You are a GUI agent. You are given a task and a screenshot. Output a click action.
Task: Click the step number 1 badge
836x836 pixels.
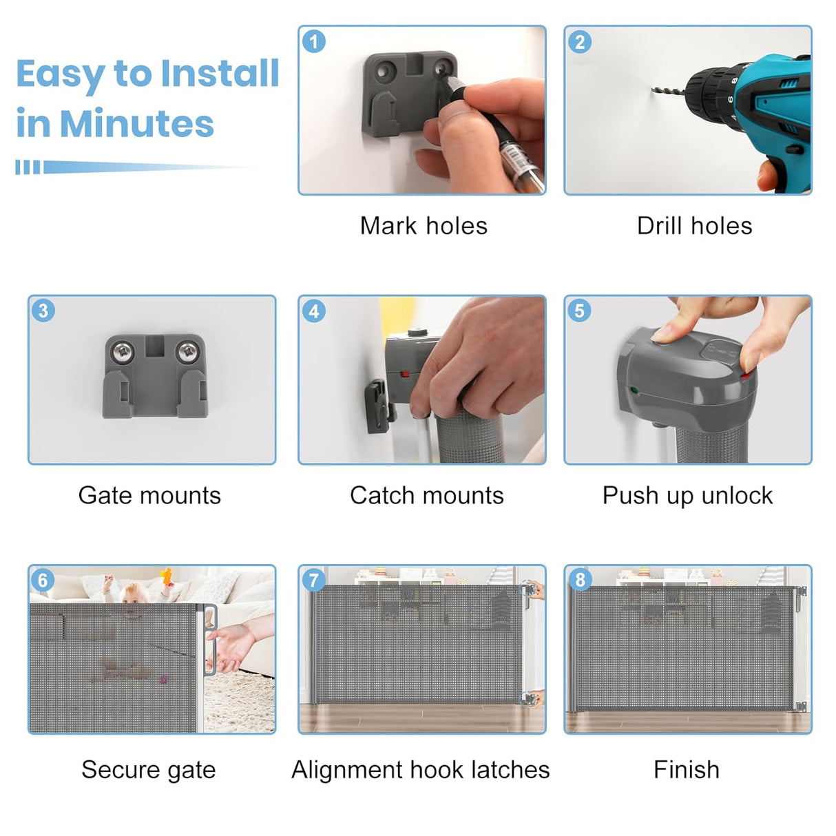click(313, 41)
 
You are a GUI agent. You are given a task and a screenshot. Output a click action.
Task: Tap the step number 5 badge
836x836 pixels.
click(579, 311)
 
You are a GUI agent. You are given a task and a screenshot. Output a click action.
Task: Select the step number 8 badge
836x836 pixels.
click(580, 580)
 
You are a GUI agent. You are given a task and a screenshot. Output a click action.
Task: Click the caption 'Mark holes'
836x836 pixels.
click(424, 226)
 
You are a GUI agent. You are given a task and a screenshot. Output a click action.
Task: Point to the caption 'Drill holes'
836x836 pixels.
click(694, 226)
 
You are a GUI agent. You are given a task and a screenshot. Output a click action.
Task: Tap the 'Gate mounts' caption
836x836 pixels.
click(149, 495)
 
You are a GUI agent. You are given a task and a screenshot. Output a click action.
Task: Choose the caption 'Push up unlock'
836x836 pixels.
click(688, 495)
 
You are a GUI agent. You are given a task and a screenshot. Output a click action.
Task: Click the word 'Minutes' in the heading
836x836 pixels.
click(137, 123)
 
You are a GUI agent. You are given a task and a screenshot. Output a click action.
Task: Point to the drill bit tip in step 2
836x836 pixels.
click(653, 90)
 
